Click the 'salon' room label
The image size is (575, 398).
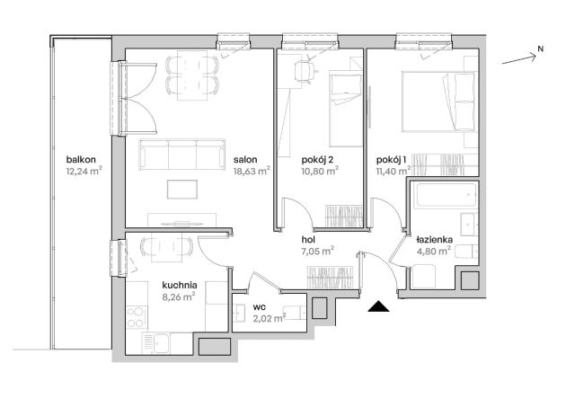(x=245, y=160)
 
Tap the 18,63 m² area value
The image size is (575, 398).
(x=252, y=171)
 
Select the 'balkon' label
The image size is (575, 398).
(x=81, y=160)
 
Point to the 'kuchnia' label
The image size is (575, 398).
(x=180, y=285)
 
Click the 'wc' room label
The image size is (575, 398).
(x=260, y=306)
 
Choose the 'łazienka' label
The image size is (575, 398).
(x=435, y=240)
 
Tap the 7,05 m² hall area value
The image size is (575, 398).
(x=317, y=252)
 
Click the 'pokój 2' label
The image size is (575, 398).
(x=317, y=160)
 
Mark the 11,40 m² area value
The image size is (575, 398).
(x=394, y=171)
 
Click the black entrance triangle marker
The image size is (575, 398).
(x=379, y=306)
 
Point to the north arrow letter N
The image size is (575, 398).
(x=540, y=49)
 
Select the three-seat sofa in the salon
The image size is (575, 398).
(x=181, y=155)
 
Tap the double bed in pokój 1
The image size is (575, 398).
(x=439, y=102)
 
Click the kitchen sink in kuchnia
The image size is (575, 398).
(x=155, y=343)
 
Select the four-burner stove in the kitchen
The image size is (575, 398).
(x=136, y=318)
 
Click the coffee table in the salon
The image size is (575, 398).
(x=182, y=190)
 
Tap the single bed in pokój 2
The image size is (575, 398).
(x=346, y=109)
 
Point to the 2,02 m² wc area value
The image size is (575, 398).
(x=270, y=318)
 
